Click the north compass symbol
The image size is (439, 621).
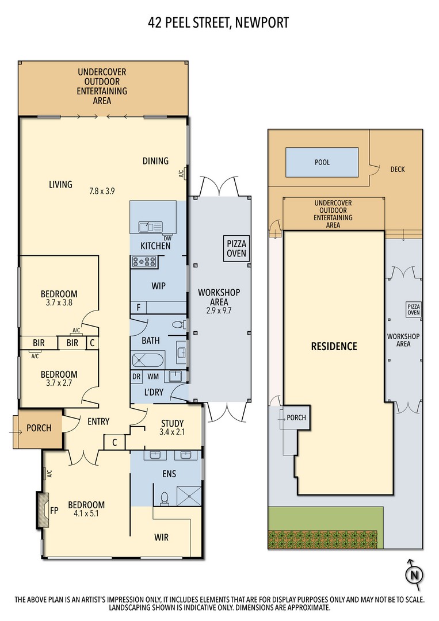tap(414, 574)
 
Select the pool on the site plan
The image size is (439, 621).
tap(322, 162)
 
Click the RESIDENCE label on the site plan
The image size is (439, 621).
tap(334, 346)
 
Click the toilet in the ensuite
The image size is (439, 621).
tap(165, 498)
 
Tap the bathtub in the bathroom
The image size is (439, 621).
tap(148, 361)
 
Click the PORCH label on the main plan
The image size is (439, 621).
tap(39, 428)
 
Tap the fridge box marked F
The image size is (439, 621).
tap(138, 307)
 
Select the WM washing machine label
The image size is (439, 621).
tap(153, 377)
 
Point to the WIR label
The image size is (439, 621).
tap(162, 537)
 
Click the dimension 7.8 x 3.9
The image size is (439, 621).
tap(102, 191)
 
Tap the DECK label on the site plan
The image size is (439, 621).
tap(398, 169)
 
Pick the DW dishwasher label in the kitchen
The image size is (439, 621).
tap(167, 238)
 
